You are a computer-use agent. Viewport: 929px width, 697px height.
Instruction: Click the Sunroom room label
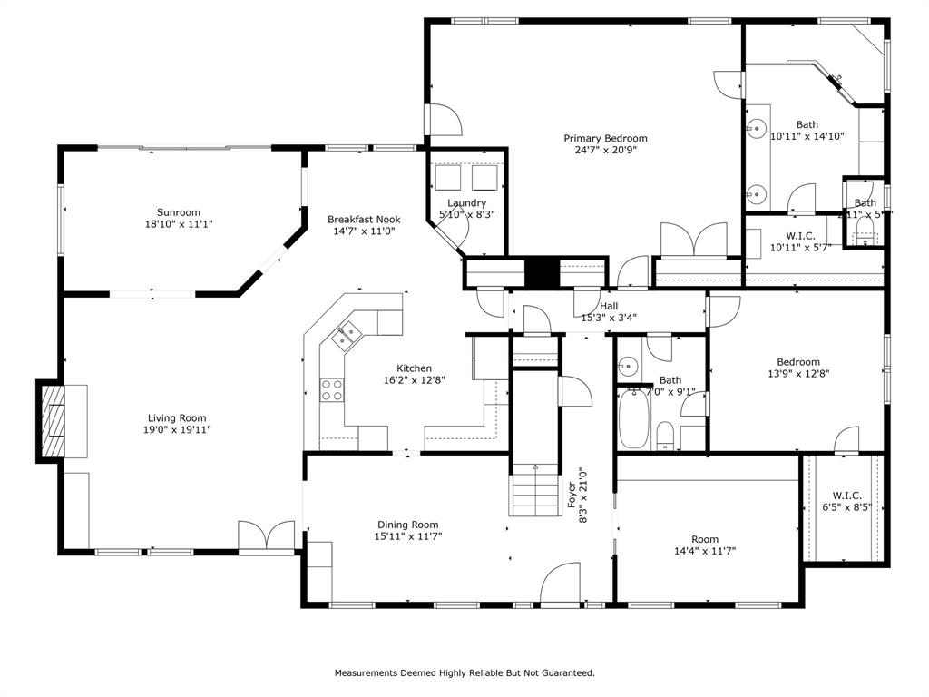pos(178,212)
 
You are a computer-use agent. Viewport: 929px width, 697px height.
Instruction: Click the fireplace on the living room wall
pos(53,421)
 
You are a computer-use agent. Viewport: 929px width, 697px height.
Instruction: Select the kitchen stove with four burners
pos(332,390)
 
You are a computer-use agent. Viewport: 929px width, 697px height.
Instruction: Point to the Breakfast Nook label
pos(364,219)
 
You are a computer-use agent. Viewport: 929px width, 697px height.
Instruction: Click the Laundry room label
pos(466,203)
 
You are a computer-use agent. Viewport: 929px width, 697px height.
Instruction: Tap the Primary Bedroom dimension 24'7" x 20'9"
pos(606,151)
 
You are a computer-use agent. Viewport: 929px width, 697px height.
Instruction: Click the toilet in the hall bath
pos(665,436)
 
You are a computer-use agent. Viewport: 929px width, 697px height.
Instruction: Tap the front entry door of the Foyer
pos(560,585)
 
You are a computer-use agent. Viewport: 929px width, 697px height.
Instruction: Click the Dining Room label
pos(407,525)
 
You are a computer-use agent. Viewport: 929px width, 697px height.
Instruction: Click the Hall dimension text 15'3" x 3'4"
pos(608,318)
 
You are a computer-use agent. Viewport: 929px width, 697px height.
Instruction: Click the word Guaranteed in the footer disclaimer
pos(567,673)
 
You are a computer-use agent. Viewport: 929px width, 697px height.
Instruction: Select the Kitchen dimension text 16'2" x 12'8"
pos(413,381)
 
